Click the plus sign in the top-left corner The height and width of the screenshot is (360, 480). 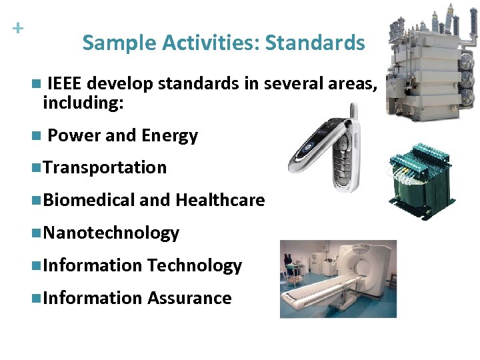pos(18,29)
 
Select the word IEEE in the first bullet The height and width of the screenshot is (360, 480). pos(65,84)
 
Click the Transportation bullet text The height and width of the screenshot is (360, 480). pos(104,167)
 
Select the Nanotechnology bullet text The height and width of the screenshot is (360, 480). pos(111,233)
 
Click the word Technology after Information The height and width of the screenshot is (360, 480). pos(194,265)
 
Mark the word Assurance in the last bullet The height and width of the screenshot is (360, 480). pos(189,298)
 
